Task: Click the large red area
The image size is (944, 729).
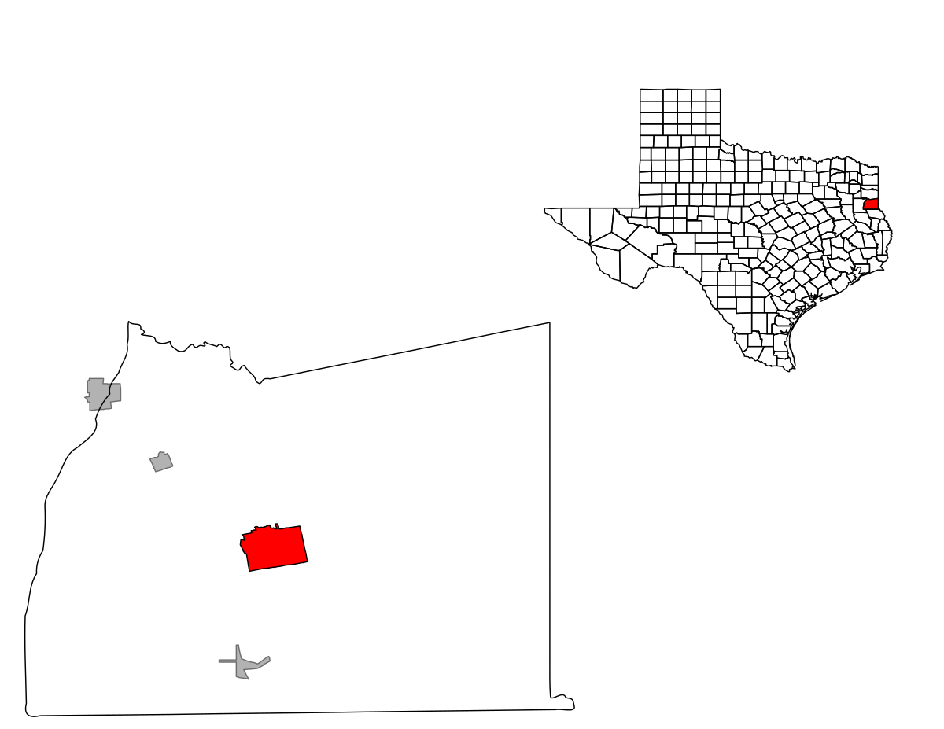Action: [x=275, y=548]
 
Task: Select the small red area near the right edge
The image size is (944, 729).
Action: [x=871, y=204]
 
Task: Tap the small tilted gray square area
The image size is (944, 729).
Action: [x=161, y=462]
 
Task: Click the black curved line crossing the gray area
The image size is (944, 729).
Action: [x=105, y=399]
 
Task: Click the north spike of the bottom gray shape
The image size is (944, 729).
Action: [x=237, y=648]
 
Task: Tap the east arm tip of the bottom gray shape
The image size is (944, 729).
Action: [x=267, y=659]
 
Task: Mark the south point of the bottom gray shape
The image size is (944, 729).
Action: [x=248, y=678]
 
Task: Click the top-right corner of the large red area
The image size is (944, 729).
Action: [x=298, y=528]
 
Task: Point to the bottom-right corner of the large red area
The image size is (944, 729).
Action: [x=305, y=561]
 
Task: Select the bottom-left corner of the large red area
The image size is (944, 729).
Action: [x=250, y=569]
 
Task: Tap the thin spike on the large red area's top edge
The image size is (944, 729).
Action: [x=277, y=526]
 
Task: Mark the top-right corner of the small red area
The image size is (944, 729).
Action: [x=876, y=201]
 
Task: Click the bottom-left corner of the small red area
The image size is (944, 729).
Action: [x=865, y=208]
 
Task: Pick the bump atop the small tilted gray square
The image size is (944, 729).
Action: [x=161, y=453]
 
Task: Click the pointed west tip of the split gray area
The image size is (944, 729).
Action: [x=85, y=399]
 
